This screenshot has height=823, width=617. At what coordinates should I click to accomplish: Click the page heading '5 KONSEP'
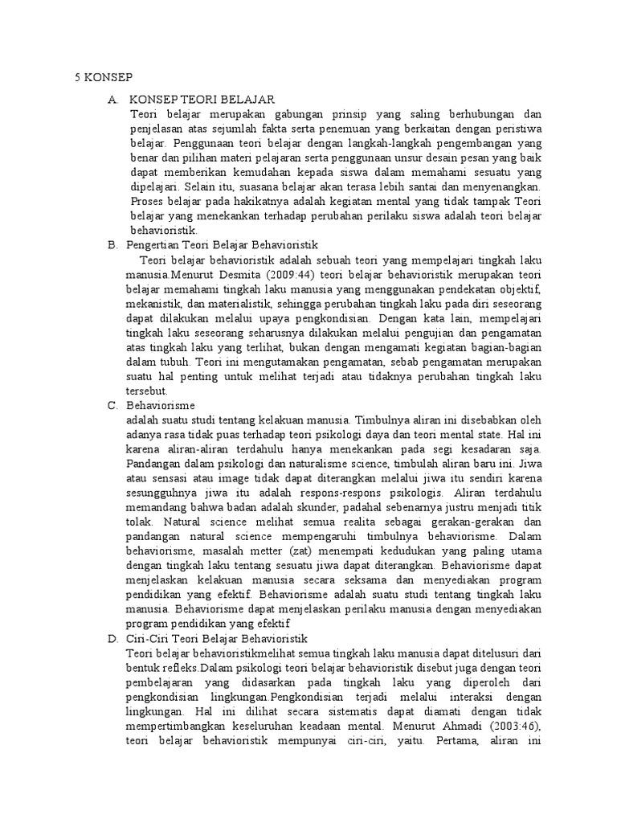point(103,78)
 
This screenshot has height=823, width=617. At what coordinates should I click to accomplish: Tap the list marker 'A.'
point(113,99)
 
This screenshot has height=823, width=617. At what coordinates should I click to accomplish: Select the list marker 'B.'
point(113,244)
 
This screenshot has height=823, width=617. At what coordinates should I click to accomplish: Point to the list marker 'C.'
point(113,405)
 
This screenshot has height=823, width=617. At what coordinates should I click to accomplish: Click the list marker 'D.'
point(113,638)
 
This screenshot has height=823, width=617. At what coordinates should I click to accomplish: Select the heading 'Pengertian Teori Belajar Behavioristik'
point(223,244)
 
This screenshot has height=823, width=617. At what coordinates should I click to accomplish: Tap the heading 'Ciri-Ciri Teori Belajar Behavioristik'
point(218,638)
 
